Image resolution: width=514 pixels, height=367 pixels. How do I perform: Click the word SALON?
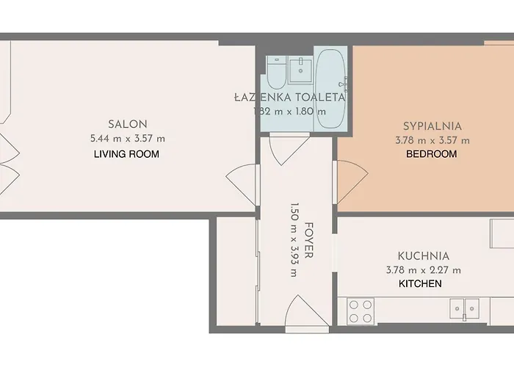point(128,124)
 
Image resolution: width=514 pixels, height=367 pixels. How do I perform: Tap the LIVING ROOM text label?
point(126,154)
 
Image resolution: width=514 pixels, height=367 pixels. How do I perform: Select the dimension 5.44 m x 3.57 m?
point(128,139)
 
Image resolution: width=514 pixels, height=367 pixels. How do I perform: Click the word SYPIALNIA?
point(432,126)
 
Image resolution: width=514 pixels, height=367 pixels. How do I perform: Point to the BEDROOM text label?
point(432,154)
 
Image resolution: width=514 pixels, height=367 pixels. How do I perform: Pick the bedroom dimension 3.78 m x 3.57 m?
point(432,140)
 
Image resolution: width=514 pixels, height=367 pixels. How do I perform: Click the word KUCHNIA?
point(423,256)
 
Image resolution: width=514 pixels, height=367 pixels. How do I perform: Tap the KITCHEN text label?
point(420,283)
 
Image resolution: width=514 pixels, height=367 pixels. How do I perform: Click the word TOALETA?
point(321,97)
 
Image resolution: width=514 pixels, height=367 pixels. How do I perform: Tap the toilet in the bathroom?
point(276,72)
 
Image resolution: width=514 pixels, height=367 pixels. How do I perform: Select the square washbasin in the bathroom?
point(300,70)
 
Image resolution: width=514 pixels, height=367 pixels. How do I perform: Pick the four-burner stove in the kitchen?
point(360,310)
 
